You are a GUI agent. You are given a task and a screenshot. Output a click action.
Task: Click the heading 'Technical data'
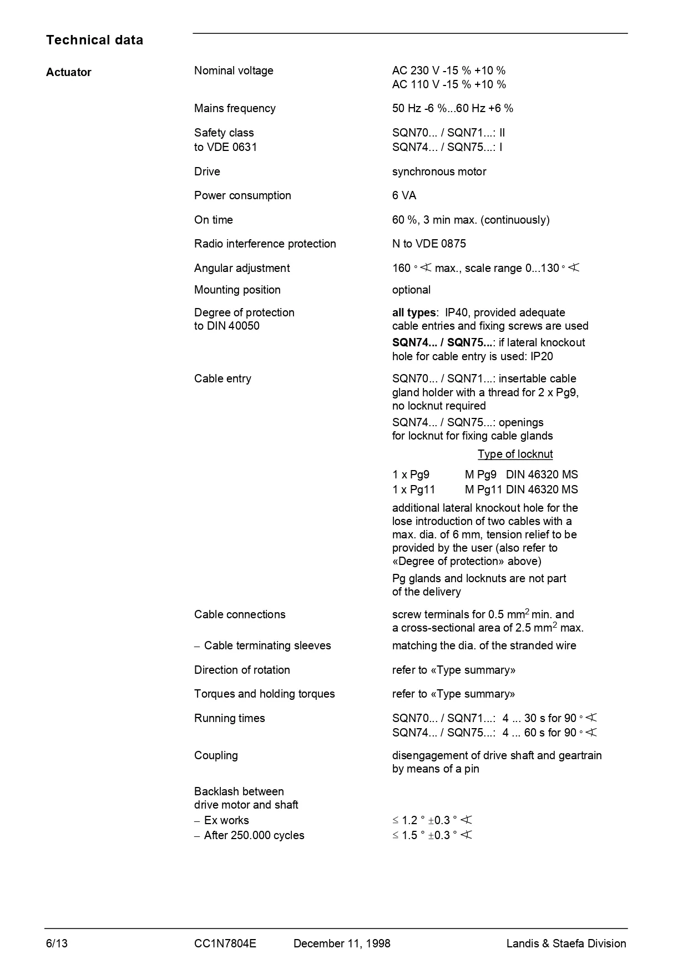(94, 40)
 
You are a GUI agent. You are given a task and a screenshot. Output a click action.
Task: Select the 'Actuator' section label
(69, 72)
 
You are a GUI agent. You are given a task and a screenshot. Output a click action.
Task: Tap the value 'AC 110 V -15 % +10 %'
(449, 84)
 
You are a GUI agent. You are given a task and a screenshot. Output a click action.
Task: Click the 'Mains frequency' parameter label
(235, 108)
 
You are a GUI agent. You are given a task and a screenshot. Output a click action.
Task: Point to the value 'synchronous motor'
(439, 171)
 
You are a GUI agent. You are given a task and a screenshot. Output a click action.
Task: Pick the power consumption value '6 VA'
(404, 195)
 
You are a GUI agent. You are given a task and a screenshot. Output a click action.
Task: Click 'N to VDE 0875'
(429, 244)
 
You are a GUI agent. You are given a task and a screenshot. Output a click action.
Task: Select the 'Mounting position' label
(237, 290)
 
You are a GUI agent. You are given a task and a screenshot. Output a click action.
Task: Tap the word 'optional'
(411, 290)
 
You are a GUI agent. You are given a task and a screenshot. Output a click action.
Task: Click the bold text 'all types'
(414, 312)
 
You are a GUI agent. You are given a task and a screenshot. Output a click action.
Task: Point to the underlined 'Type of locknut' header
(515, 454)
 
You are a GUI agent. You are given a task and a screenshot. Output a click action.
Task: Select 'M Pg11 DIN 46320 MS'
(521, 489)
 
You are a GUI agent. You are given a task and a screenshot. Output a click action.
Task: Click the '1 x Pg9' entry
(411, 475)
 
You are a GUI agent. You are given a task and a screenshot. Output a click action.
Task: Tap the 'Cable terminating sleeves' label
(267, 645)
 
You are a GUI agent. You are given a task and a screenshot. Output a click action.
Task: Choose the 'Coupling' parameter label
(216, 755)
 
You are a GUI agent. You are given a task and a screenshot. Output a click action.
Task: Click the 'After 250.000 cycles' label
(254, 835)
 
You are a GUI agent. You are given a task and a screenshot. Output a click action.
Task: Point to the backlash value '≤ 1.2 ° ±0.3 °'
(432, 820)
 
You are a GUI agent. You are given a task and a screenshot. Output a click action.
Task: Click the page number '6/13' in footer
(57, 943)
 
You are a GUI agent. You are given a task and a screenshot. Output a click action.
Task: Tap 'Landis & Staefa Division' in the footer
(566, 943)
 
